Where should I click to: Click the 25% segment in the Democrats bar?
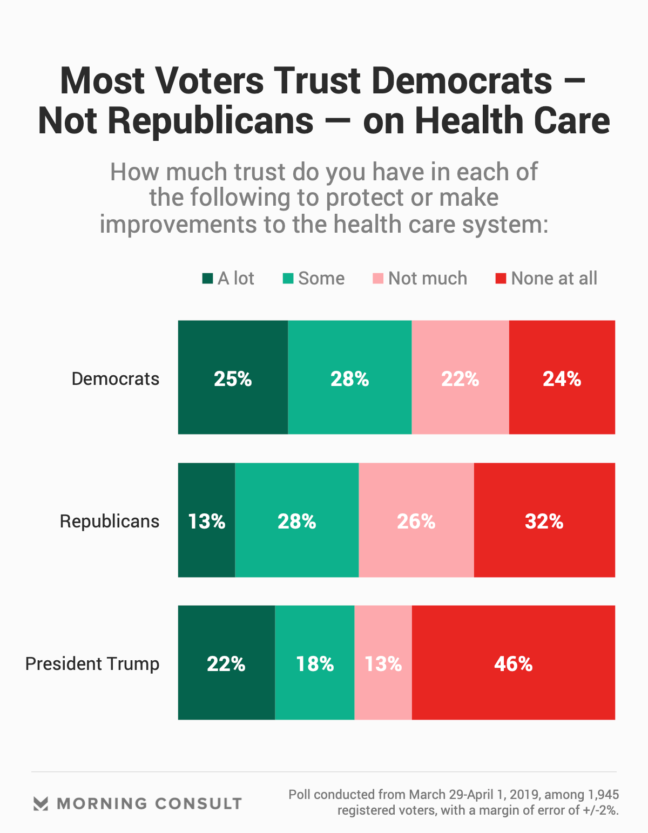click(x=233, y=377)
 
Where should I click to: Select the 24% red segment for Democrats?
click(x=562, y=377)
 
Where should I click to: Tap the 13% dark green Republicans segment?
click(x=206, y=520)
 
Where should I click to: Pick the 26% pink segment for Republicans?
click(x=416, y=520)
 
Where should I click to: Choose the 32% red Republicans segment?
click(x=544, y=520)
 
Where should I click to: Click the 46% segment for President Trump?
click(x=513, y=662)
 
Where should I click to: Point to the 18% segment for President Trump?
click(x=314, y=662)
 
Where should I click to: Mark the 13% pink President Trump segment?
click(x=383, y=662)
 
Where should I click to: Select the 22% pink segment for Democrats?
click(x=460, y=377)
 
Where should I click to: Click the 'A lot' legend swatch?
click(x=207, y=279)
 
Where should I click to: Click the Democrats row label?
click(x=116, y=379)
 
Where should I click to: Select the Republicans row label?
click(x=110, y=522)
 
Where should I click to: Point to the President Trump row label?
click(x=92, y=664)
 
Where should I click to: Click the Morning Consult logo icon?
click(x=40, y=803)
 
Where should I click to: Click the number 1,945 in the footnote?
click(x=603, y=795)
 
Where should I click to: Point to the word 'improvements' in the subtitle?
click(x=178, y=225)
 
